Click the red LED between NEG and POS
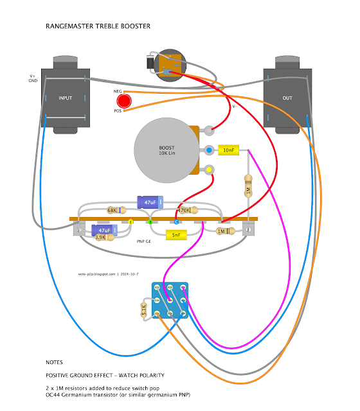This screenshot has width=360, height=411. tap(124, 101)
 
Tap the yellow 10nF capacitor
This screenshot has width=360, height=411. tap(229, 150)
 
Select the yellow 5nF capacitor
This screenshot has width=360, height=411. tap(176, 235)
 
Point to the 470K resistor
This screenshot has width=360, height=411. tap(188, 210)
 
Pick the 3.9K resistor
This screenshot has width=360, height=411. tap(105, 238)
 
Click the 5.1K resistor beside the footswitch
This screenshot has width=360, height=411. tap(144, 310)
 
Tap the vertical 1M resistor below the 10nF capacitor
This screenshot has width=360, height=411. tap(248, 186)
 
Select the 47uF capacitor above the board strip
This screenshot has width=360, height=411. tap(150, 202)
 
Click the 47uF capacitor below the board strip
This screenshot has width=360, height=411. tap(104, 231)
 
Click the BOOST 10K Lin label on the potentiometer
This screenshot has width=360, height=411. tap(167, 150)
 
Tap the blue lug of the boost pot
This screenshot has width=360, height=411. tap(209, 150)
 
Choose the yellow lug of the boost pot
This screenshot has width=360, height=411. tap(209, 170)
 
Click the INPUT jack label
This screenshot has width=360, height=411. tap(66, 98)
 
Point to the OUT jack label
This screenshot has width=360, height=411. tap(287, 98)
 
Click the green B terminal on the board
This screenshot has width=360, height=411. tap(150, 222)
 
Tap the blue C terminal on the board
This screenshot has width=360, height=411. tap(176, 222)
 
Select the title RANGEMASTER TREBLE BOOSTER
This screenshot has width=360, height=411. tap(98, 26)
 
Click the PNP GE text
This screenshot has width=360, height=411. tap(144, 241)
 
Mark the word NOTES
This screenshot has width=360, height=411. tap(54, 362)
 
